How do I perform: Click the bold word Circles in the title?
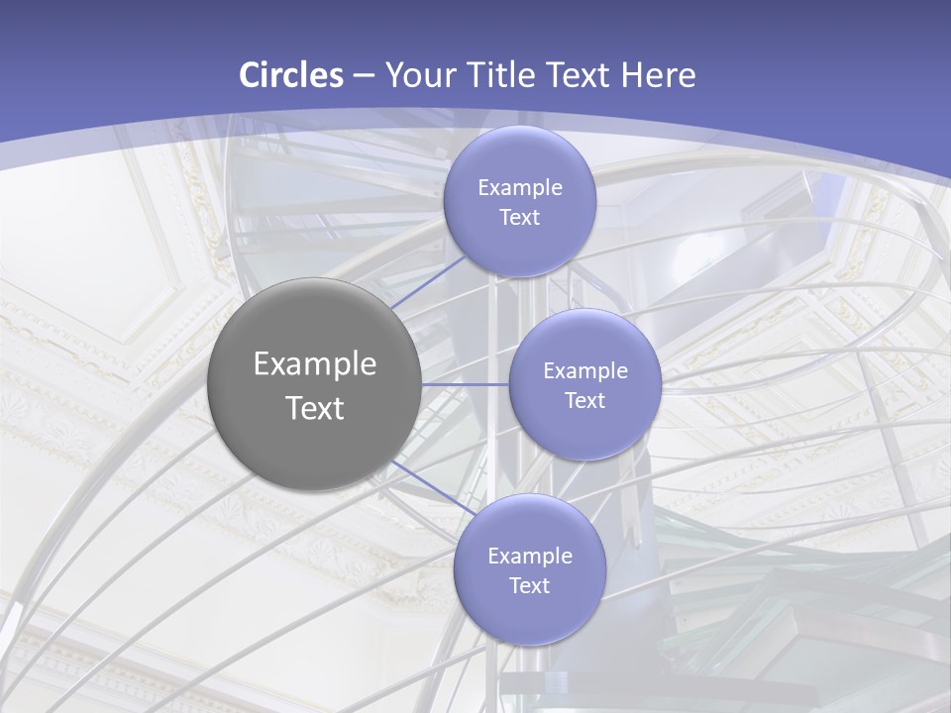coord(291,75)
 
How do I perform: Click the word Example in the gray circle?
coord(315,364)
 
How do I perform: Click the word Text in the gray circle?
coord(315,408)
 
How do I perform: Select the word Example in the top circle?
coord(520,188)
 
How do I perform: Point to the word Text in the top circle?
coord(520,218)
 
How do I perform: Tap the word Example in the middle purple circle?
coord(585,371)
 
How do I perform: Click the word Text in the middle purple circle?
coord(585,401)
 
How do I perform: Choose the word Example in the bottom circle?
coord(530,557)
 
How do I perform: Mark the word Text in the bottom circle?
coord(530,586)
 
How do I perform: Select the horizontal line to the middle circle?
coord(466,383)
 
